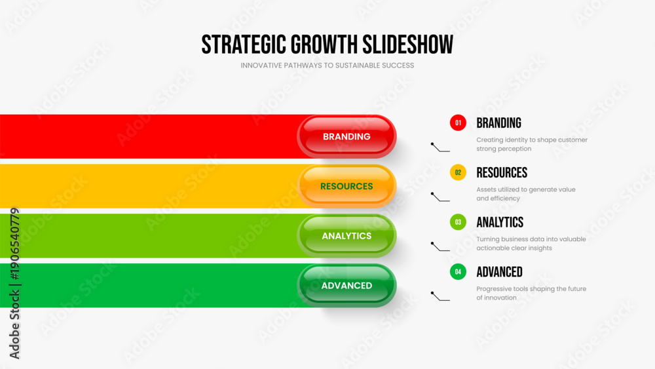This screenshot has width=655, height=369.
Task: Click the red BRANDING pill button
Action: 346,136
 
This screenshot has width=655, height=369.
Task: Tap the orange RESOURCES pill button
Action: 346,186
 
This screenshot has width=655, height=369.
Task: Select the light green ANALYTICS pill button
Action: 346,236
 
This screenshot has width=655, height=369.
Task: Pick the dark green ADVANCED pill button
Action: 346,285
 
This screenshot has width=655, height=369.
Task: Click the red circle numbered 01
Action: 458,123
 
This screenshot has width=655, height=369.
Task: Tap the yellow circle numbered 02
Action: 458,172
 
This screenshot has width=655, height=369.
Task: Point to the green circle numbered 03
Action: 458,222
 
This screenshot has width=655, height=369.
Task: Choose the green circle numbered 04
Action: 458,272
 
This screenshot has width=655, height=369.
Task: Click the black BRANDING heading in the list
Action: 498,123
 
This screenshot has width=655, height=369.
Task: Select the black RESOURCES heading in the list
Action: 502,172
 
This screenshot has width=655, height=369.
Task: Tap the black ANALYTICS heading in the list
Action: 500,222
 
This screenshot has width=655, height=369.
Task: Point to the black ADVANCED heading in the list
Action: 500,272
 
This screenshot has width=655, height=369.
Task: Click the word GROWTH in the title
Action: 324,45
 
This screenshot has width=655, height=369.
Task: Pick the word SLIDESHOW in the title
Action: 407,45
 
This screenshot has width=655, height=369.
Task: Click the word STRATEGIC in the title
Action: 244,45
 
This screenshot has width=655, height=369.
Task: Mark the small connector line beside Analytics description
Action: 440,247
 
